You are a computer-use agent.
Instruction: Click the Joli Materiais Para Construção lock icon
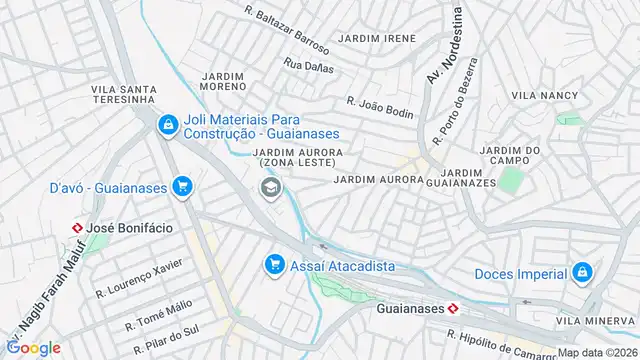[x=168, y=125]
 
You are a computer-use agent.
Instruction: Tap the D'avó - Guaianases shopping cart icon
[x=181, y=186]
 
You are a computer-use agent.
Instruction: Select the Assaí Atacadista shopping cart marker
[x=272, y=265]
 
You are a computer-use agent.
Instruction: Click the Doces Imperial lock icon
[x=581, y=272]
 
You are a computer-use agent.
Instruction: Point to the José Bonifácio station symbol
[x=76, y=227]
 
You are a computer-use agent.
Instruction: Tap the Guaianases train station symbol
[x=453, y=309]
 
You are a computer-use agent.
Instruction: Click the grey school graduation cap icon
[x=269, y=187]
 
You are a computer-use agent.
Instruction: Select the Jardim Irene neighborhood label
[x=377, y=38]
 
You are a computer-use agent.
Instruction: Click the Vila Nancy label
[x=544, y=95]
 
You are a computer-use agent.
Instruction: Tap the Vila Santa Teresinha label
[x=123, y=94]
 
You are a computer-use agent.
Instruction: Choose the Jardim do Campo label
[x=510, y=156]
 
